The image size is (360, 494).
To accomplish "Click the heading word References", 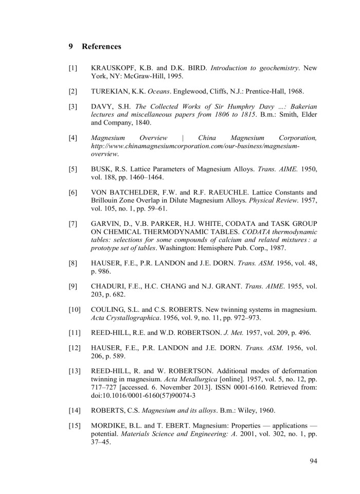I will (101, 46).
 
